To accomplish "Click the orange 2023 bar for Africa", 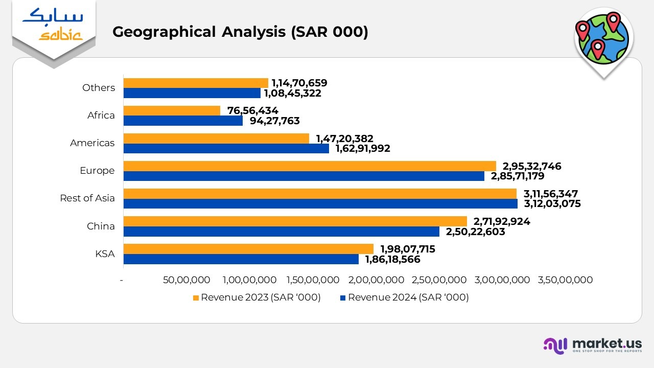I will pyautogui.click(x=172, y=110).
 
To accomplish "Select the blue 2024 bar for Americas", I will pyautogui.click(x=226, y=148).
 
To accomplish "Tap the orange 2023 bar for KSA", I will pyautogui.click(x=248, y=248).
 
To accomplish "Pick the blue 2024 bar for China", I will pyautogui.click(x=281, y=232).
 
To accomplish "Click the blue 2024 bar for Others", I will pyautogui.click(x=192, y=93).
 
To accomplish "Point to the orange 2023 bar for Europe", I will pyautogui.click(x=310, y=166).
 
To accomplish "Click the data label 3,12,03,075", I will pyautogui.click(x=552, y=204).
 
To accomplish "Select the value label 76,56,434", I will pyautogui.click(x=252, y=110).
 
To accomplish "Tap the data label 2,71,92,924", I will pyautogui.click(x=502, y=221).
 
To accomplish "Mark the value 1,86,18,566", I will pyautogui.click(x=392, y=260).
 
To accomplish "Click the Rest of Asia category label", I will pyautogui.click(x=87, y=198).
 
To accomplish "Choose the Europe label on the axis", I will pyautogui.click(x=97, y=171).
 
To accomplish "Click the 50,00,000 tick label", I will pyautogui.click(x=186, y=280).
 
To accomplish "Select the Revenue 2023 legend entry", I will pyautogui.click(x=256, y=297).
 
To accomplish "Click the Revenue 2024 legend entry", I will pyautogui.click(x=404, y=297).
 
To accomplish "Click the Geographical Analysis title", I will pyautogui.click(x=240, y=32).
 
